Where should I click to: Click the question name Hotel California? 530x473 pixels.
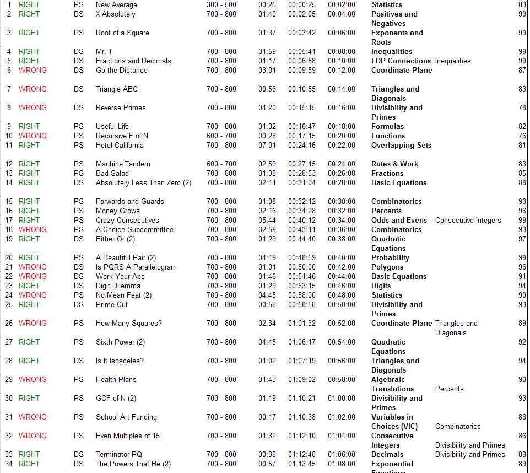pyautogui.click(x=120, y=146)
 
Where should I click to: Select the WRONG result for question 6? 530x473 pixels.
pyautogui.click(x=33, y=71)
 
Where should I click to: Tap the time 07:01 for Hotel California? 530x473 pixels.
pyautogui.click(x=267, y=146)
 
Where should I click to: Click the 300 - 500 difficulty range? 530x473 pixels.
pyautogui.click(x=221, y=5)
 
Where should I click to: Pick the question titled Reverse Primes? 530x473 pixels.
pyautogui.click(x=121, y=108)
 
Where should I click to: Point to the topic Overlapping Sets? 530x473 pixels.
pyautogui.click(x=401, y=146)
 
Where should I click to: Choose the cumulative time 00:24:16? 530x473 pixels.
pyautogui.click(x=302, y=146)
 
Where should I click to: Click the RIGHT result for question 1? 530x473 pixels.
pyautogui.click(x=29, y=5)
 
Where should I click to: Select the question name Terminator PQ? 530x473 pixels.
pyautogui.click(x=119, y=455)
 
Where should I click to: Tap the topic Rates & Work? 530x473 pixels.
pyautogui.click(x=394, y=164)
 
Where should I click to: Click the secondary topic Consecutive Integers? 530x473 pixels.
pyautogui.click(x=468, y=221)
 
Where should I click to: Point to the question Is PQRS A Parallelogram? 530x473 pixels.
pyautogui.click(x=136, y=267)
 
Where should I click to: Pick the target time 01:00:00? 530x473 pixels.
pyautogui.click(x=342, y=399)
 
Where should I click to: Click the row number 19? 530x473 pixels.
pyautogui.click(x=9, y=239)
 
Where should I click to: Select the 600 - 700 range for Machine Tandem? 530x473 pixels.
pyautogui.click(x=221, y=164)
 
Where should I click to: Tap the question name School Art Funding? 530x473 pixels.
pyautogui.click(x=126, y=417)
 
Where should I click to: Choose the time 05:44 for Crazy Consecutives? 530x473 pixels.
pyautogui.click(x=267, y=221)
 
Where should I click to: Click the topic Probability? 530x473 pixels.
pyautogui.click(x=390, y=258)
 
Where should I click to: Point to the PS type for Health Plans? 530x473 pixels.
pyautogui.click(x=79, y=380)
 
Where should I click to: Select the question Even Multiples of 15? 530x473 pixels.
pyautogui.click(x=128, y=436)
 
